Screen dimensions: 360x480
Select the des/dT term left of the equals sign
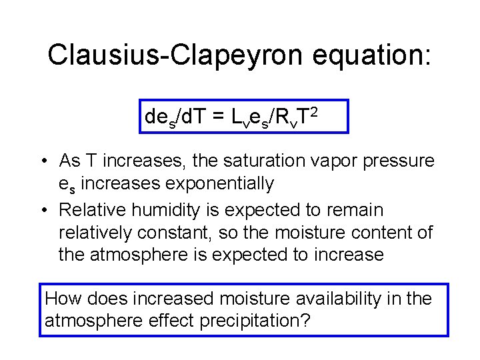click(x=175, y=117)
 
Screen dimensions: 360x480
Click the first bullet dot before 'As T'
click(x=42, y=161)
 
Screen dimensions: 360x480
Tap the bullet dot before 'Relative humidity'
click(x=42, y=211)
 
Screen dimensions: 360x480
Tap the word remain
click(x=359, y=210)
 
